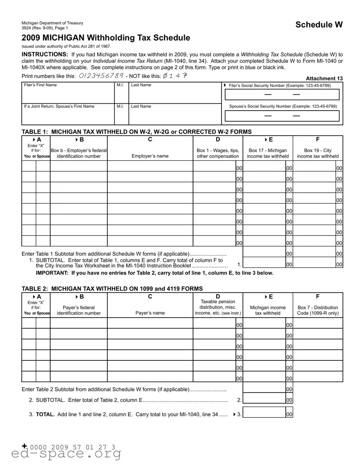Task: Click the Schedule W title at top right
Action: pos(319,24)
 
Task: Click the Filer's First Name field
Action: pos(68,95)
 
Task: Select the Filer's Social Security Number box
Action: pos(282,95)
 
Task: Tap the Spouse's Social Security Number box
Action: pos(282,116)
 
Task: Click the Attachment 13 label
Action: pos(324,78)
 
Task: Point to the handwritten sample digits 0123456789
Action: pos(101,76)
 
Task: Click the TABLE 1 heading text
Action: pos(136,131)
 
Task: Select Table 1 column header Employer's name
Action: pos(150,156)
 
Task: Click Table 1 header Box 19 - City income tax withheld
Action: pos(317,153)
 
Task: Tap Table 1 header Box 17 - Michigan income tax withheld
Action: pos(268,153)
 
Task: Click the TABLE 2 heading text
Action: pos(112,289)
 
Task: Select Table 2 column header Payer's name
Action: pos(150,313)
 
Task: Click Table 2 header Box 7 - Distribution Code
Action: pos(317,310)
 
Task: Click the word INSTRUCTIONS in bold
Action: pos(45,54)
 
